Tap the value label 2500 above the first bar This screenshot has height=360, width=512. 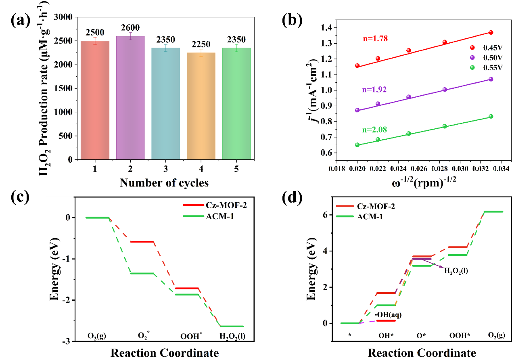click(x=95, y=33)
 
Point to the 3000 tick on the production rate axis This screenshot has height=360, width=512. click(x=63, y=17)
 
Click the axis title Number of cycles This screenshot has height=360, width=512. click(x=164, y=183)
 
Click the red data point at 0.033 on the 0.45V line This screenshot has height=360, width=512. click(x=491, y=33)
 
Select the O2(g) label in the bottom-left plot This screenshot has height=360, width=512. click(x=97, y=335)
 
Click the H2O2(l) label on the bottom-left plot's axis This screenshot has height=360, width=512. click(x=231, y=335)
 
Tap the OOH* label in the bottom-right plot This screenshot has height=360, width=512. click(x=460, y=335)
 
